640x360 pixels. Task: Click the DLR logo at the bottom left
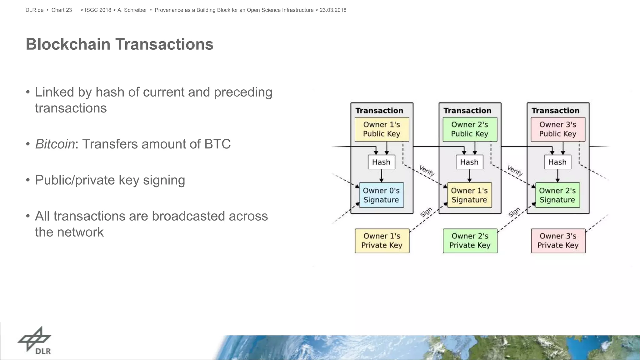35,341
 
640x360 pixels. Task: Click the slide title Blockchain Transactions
119,44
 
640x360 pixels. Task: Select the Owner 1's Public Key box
382,129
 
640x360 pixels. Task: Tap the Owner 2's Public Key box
470,129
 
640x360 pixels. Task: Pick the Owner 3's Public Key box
558,129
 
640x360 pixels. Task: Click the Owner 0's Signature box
381,195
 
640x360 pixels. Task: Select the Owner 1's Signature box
469,195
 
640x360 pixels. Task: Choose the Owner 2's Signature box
557,195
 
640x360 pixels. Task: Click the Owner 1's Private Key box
382,241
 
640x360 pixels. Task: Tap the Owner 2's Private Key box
470,241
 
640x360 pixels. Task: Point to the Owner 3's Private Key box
558,241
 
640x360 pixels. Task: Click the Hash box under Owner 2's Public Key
469,162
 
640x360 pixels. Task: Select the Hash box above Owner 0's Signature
381,162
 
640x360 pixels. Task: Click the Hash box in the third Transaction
557,162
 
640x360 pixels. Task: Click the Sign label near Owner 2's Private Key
514,212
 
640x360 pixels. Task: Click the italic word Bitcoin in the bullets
55,144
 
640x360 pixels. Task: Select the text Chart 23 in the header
62,10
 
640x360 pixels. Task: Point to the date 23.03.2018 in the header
333,10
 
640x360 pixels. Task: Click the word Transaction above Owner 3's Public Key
555,111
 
